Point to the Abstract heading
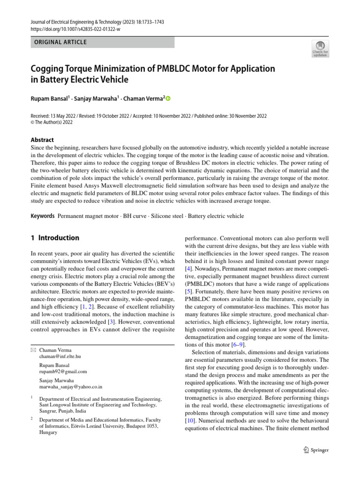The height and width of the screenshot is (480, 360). (x=42, y=140)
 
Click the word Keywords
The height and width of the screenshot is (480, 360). (x=42, y=217)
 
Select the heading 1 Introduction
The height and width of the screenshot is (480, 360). (x=55, y=238)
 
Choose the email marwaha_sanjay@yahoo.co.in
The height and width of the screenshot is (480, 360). (x=70, y=387)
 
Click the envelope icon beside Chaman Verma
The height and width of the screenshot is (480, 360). (x=32, y=350)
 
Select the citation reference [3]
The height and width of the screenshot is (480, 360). (x=124, y=322)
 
